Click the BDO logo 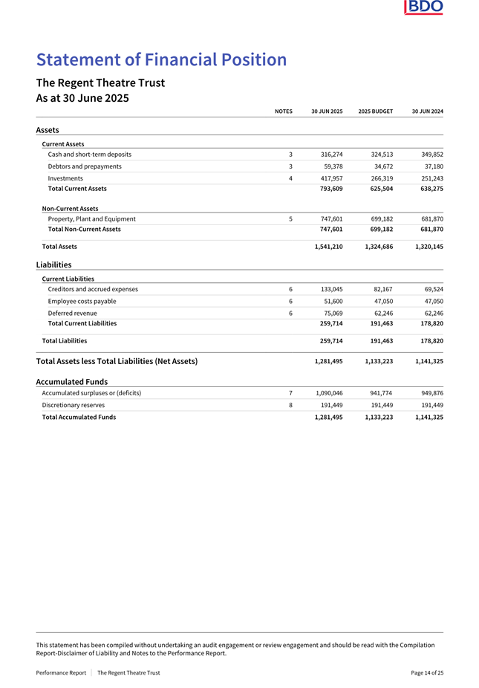(x=424, y=7)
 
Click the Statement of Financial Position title (x=161, y=60)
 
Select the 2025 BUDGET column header (x=375, y=111)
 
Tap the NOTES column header (x=283, y=111)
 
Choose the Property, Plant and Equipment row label (x=91, y=219)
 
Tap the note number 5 (x=290, y=219)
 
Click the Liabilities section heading (x=53, y=265)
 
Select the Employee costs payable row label (x=82, y=301)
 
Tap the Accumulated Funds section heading (x=71, y=382)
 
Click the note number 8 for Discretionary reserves (x=290, y=405)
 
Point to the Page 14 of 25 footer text (x=427, y=672)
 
